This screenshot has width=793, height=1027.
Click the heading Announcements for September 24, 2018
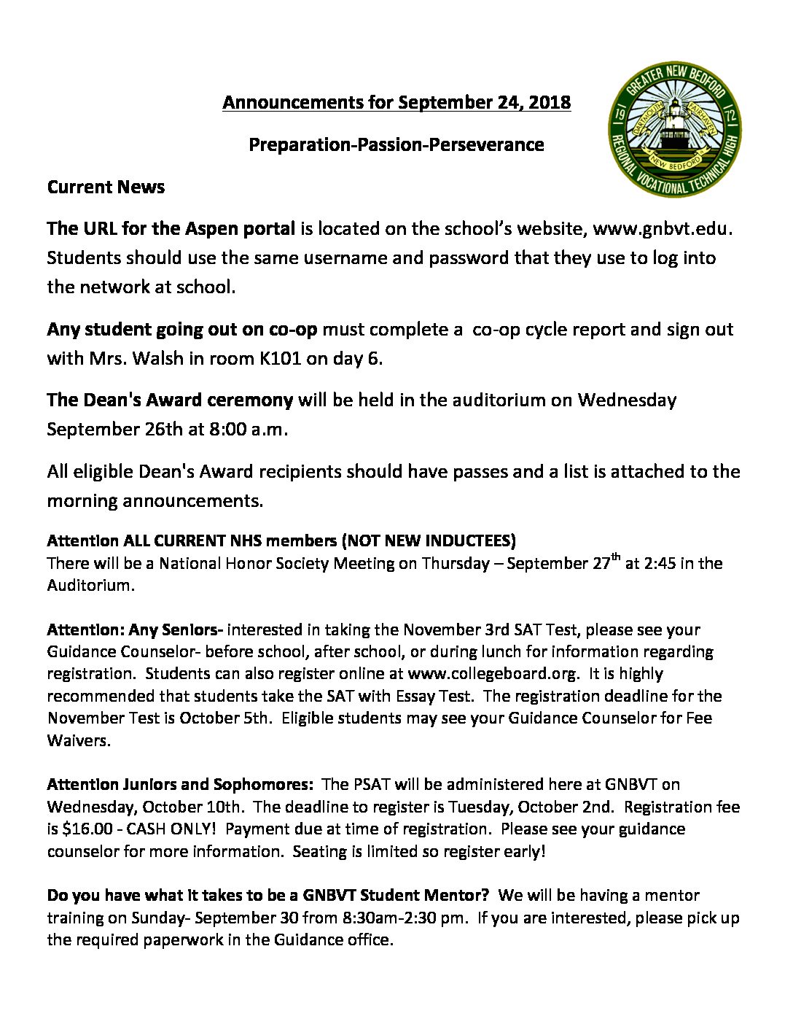[396, 102]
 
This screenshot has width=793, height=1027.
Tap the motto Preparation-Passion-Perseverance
[396, 144]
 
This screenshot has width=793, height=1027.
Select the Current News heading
[106, 187]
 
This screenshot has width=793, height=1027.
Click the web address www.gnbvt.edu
[661, 229]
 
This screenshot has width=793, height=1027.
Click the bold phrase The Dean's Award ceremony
[170, 400]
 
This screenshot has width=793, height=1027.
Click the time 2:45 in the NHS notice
[650, 563]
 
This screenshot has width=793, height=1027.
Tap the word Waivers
[79, 740]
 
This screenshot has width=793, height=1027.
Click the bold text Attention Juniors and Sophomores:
[180, 785]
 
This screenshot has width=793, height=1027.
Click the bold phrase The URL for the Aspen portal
[171, 229]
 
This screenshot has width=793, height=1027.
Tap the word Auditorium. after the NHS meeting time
[91, 585]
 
